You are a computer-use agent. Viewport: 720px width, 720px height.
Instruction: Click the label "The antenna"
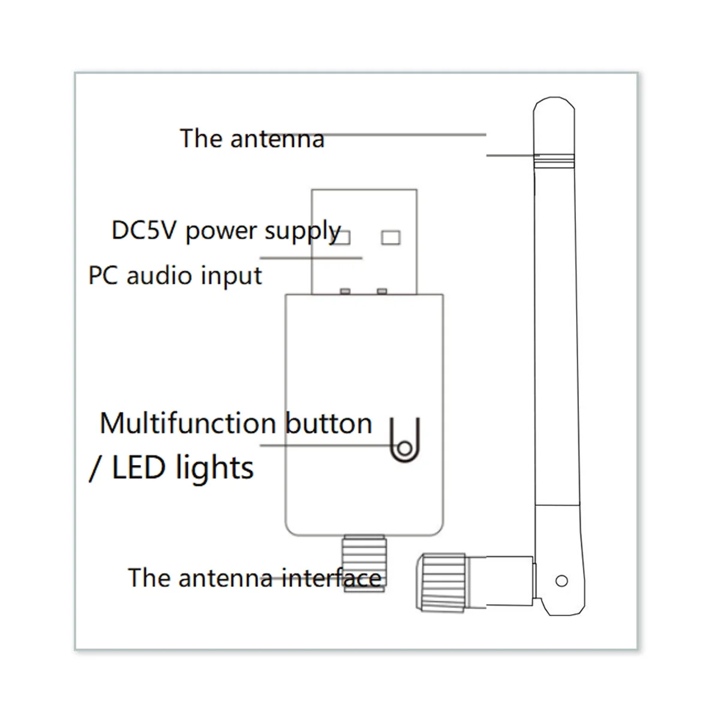[x=252, y=139]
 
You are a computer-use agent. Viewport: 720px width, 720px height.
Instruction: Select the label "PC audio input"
[x=175, y=276]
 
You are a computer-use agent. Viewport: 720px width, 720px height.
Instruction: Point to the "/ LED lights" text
[x=172, y=468]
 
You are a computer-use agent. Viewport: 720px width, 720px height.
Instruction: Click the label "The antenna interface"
[x=255, y=578]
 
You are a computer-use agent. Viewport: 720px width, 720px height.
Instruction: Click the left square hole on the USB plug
[x=341, y=238]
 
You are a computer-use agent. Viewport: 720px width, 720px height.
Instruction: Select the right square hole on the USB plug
[x=390, y=238]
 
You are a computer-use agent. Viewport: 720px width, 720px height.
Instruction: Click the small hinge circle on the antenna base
[x=562, y=580]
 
